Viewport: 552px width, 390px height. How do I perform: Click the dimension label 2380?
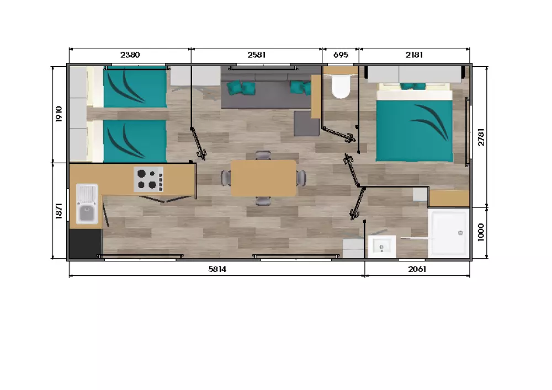130,55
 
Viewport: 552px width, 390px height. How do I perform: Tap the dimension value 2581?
256,55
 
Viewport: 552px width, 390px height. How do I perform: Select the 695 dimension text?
341,55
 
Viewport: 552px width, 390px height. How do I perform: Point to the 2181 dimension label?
414,55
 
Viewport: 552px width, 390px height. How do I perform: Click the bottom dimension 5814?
217,269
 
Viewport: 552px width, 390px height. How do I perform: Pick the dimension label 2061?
417,269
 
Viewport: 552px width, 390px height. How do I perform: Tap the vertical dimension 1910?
59,114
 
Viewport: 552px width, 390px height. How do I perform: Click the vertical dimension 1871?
59,211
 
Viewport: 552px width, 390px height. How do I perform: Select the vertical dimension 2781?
481,137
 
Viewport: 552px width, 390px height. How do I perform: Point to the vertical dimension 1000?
481,232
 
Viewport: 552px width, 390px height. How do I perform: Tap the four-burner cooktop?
148,179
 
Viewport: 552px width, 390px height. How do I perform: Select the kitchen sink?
87,204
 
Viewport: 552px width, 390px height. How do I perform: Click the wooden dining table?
263,178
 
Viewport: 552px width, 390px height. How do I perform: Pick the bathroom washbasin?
381,247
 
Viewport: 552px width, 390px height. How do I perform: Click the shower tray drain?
460,233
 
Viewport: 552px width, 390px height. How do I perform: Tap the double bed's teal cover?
415,131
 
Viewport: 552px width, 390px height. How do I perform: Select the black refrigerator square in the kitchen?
85,244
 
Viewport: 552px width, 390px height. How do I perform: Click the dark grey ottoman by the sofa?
306,124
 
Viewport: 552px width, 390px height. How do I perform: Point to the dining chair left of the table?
226,178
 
